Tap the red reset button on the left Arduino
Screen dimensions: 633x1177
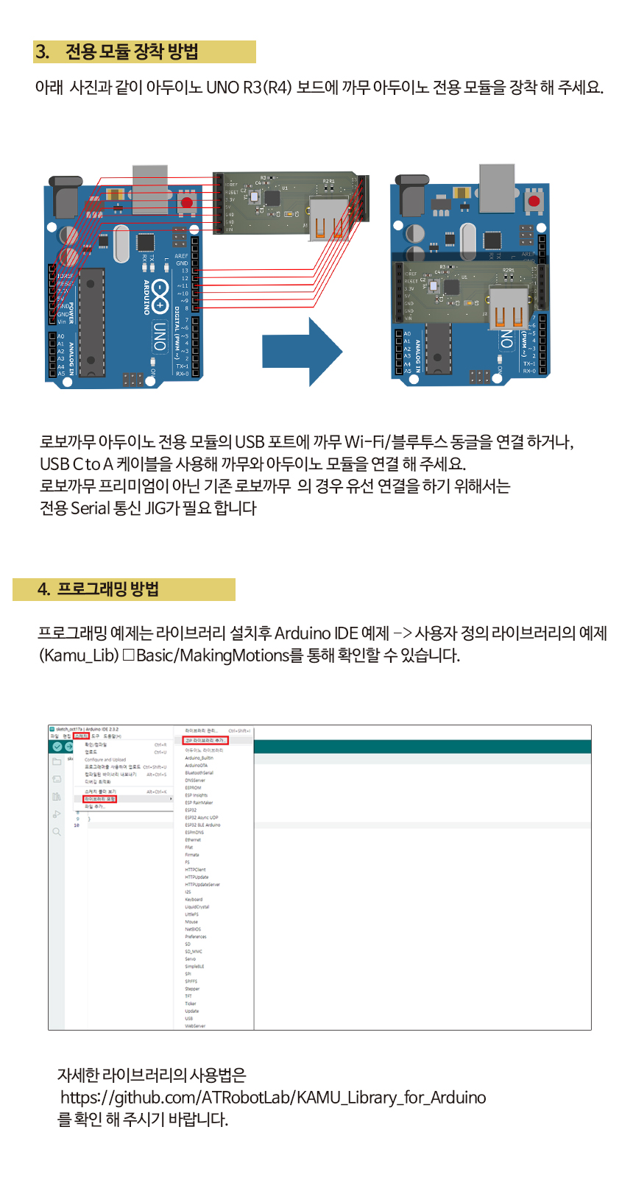pos(186,202)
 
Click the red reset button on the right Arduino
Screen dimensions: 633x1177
pos(534,201)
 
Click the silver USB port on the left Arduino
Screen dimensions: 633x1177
pos(150,184)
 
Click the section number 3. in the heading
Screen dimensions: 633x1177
pos(43,52)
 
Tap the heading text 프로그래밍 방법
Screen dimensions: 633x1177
pos(108,589)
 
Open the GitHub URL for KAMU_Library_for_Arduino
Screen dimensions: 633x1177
pos(273,1098)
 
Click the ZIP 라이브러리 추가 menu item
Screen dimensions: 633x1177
pos(205,740)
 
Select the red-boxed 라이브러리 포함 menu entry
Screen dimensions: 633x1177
pos(99,799)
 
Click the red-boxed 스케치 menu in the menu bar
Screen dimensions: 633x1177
pos(81,736)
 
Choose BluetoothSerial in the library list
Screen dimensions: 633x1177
pos(199,773)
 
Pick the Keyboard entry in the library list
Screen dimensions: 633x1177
pos(194,900)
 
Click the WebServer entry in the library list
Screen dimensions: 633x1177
pos(195,1025)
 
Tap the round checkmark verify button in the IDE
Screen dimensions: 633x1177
pos(57,747)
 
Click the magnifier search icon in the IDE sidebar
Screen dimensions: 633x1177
pos(57,832)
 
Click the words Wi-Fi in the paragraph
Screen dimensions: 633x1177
pos(364,442)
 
